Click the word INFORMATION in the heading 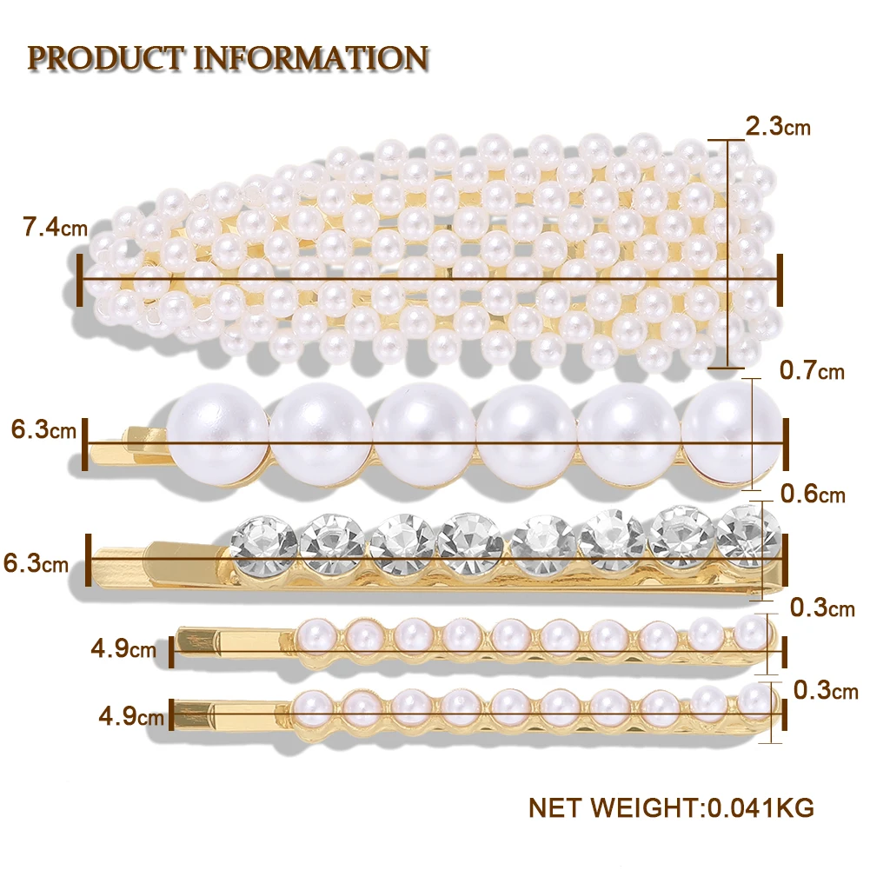[309, 58]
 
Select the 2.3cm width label [778, 127]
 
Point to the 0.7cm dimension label [812, 371]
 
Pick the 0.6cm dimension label [812, 495]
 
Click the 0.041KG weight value [757, 808]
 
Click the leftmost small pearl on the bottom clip [311, 704]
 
